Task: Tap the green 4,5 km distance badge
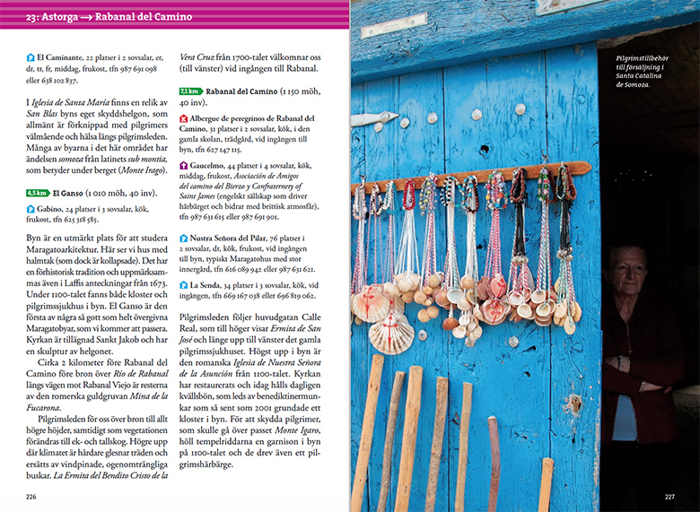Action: click(x=37, y=192)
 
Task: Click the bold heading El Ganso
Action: click(x=69, y=192)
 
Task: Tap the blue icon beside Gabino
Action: click(x=30, y=209)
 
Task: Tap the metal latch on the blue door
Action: click(x=372, y=118)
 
